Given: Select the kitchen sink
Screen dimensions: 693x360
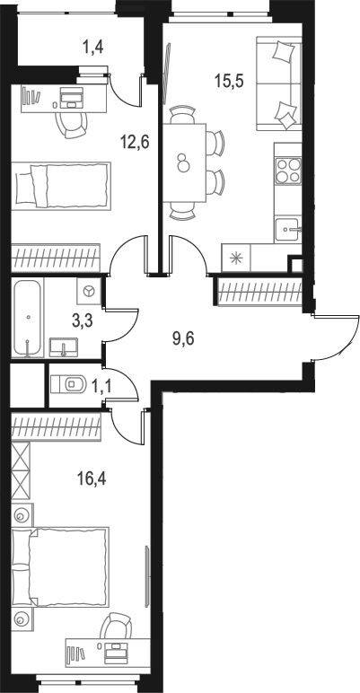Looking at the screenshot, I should (x=287, y=228).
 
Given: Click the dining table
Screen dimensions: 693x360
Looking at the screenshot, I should (x=184, y=162).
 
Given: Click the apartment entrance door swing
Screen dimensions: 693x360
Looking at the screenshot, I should (x=338, y=337).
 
